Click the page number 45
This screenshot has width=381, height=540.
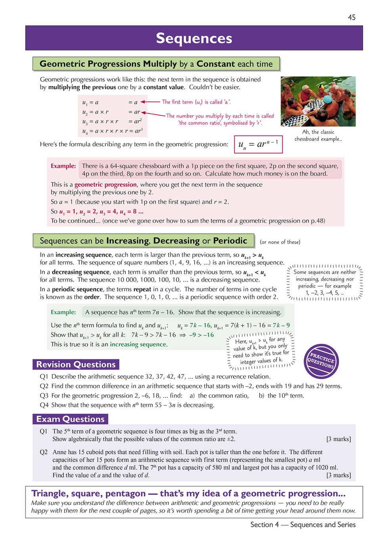point(352,17)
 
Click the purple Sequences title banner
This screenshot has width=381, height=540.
point(194,38)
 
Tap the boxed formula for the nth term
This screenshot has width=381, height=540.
point(258,145)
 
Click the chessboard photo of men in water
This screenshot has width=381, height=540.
point(318,101)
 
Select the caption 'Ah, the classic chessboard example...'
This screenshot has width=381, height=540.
point(318,135)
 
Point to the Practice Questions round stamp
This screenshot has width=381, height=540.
point(322,361)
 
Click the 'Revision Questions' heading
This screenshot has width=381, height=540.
point(76,364)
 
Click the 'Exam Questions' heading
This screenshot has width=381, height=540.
point(70,419)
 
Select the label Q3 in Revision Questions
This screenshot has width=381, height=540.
point(44,395)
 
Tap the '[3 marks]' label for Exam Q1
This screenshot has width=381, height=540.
point(338,439)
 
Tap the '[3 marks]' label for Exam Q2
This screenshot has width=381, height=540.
point(338,475)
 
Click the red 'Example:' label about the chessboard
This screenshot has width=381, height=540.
point(63,166)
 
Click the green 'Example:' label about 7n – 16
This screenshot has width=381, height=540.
point(63,312)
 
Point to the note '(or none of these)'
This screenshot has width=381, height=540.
point(280,242)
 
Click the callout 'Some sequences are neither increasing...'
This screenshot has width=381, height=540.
point(325,282)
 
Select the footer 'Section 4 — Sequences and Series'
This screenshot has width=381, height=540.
point(303,525)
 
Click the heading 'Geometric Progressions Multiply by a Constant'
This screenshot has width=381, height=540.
point(156,64)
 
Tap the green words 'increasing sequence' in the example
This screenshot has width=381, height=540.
point(138,344)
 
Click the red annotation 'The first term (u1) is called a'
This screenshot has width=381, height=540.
point(196,102)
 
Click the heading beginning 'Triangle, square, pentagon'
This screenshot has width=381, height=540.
point(188,494)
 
